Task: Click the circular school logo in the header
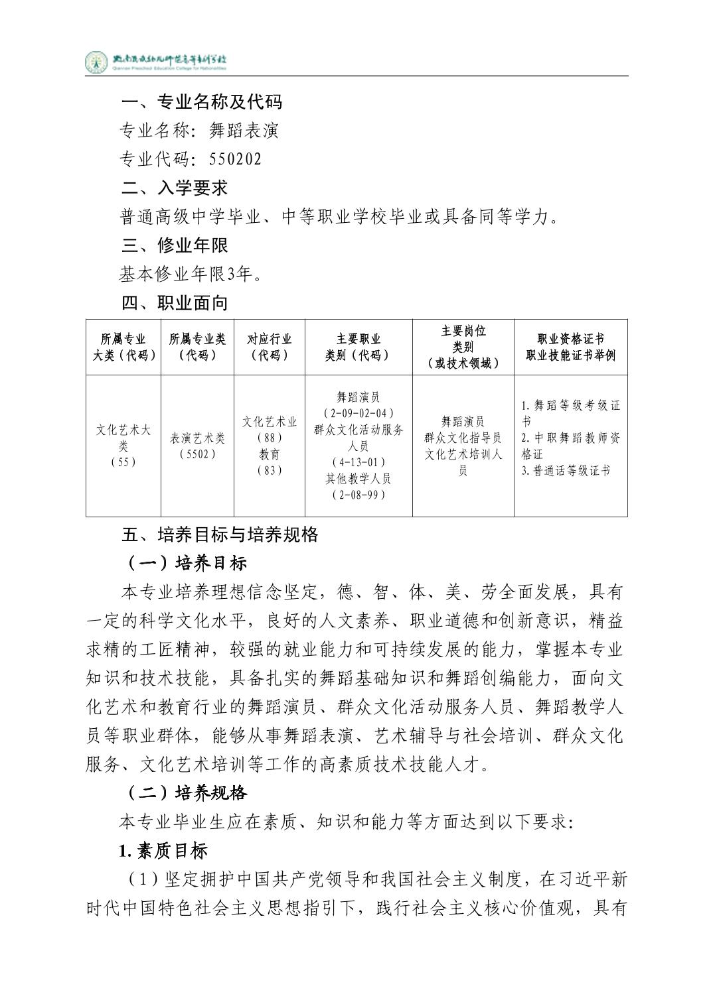pos(96,62)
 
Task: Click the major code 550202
pos(235,159)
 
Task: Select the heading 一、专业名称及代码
pos(202,101)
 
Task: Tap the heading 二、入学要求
pos(175,188)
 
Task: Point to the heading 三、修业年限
pos(175,245)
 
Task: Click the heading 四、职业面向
pos(175,303)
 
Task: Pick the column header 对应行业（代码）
pos(269,347)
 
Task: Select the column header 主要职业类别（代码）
pos(358,347)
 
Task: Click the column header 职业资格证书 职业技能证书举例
pos(570,347)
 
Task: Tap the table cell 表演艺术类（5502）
pos(197,446)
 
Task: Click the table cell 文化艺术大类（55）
pos(123,446)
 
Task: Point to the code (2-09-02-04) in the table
pos(358,414)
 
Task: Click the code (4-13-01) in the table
pos(358,462)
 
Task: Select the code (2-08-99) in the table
pos(358,495)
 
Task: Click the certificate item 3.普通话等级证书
pos(565,471)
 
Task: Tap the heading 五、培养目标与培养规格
pos(220,535)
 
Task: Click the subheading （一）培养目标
pos(187,563)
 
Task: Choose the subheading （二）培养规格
pos(187,793)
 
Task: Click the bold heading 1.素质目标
pos(163,850)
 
